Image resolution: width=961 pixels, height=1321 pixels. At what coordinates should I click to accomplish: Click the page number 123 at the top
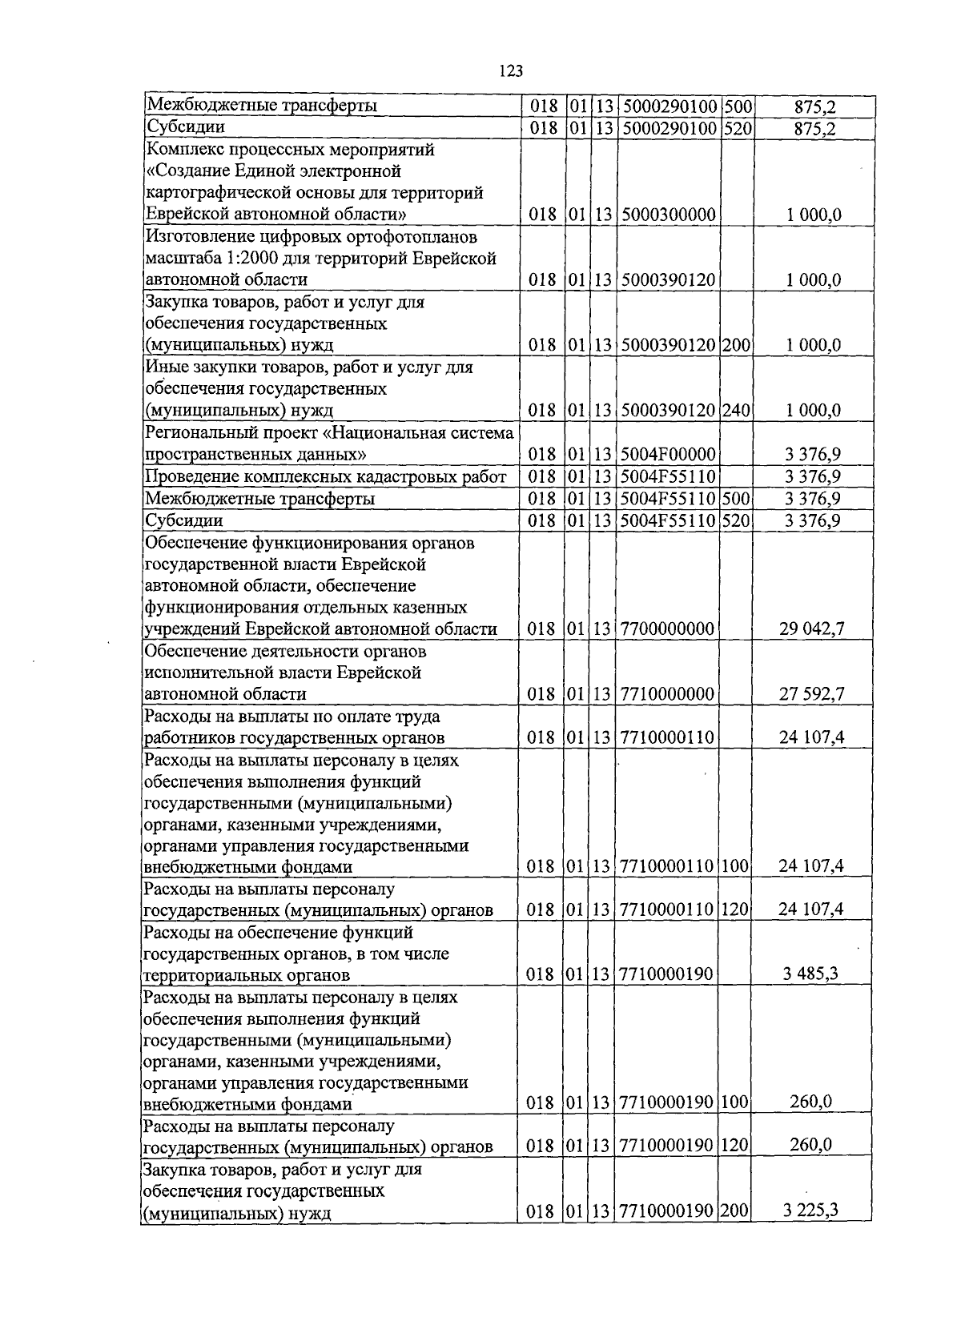[510, 71]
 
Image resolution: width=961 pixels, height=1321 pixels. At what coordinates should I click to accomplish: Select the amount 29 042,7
[812, 629]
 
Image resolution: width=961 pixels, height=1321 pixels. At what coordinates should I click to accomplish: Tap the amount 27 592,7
[812, 694]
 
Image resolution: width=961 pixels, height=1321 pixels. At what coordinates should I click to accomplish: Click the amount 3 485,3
[811, 974]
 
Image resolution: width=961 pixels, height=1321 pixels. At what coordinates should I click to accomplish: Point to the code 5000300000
[668, 215]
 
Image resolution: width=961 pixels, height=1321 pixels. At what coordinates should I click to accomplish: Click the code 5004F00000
[668, 455]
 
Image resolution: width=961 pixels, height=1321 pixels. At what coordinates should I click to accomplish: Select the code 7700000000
[668, 629]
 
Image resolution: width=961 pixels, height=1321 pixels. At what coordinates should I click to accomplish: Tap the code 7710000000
[668, 694]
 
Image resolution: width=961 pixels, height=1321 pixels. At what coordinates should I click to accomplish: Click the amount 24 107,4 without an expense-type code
[812, 737]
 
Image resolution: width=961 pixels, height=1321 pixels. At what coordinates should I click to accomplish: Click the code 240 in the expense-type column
[736, 411]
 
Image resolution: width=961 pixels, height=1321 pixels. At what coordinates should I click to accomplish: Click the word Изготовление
[198, 237]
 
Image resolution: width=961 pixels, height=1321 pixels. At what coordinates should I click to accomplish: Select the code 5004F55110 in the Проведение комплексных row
[668, 477]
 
